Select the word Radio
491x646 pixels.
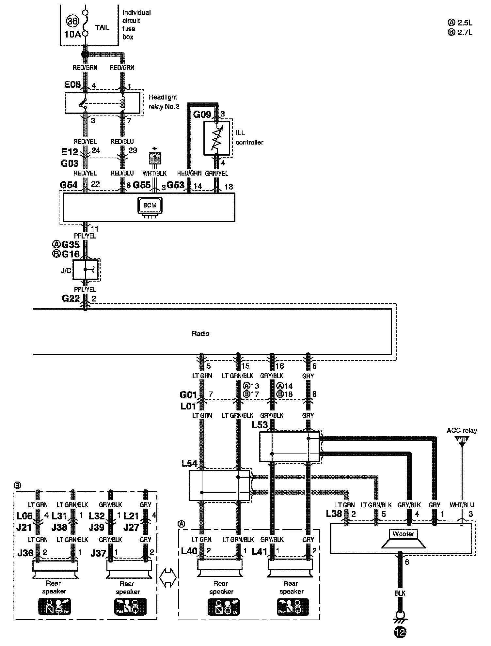coord(200,333)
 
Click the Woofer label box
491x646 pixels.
coord(404,534)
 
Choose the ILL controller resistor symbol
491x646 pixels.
coord(216,138)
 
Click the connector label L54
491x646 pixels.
coord(189,463)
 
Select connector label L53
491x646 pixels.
coord(260,425)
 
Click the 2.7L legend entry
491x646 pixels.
coord(460,33)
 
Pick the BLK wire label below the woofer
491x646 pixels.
coord(400,593)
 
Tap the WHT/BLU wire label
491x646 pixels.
coord(462,505)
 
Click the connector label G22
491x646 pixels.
coord(71,298)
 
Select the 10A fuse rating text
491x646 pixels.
coord(72,34)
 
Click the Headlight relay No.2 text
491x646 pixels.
coord(164,102)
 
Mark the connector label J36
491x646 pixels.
coord(25,553)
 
